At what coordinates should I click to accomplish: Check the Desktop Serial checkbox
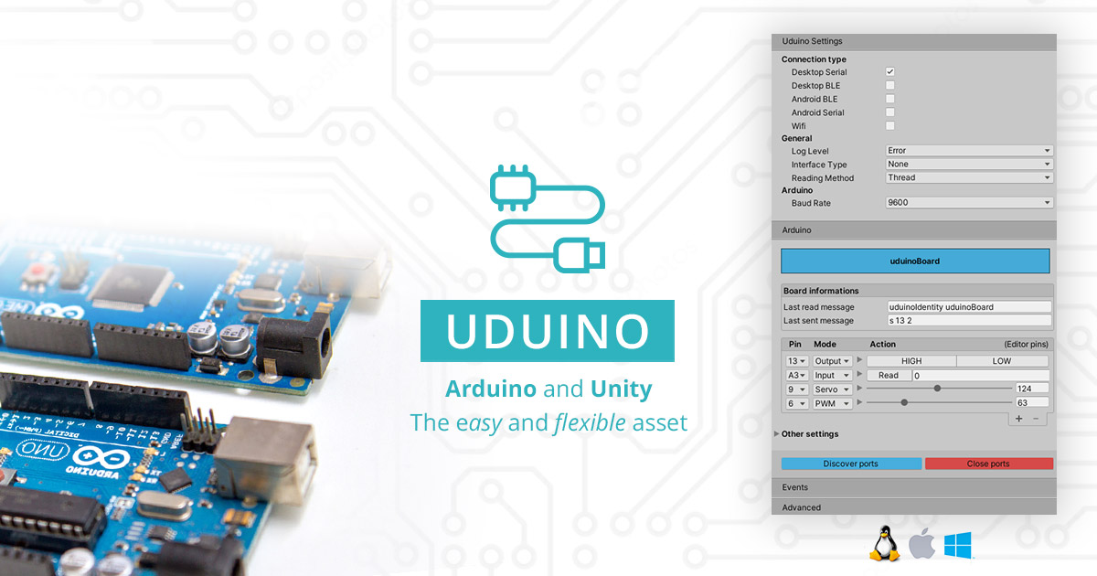(889, 71)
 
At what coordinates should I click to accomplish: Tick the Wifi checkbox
(889, 125)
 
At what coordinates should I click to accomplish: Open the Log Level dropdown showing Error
(969, 151)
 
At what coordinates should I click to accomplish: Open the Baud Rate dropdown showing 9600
(969, 203)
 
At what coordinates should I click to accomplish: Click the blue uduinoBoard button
(915, 261)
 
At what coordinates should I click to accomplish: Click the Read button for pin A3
(888, 375)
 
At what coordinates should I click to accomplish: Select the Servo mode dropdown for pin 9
(833, 389)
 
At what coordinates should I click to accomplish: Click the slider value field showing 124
(1031, 389)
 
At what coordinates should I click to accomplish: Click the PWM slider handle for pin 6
(904, 402)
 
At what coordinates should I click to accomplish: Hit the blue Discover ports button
(850, 464)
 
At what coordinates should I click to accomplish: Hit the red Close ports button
(988, 464)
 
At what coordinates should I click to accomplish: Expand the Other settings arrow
(777, 433)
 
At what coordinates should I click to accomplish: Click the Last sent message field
(969, 321)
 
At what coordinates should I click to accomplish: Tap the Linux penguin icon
(883, 543)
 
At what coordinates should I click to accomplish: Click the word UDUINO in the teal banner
(548, 331)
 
